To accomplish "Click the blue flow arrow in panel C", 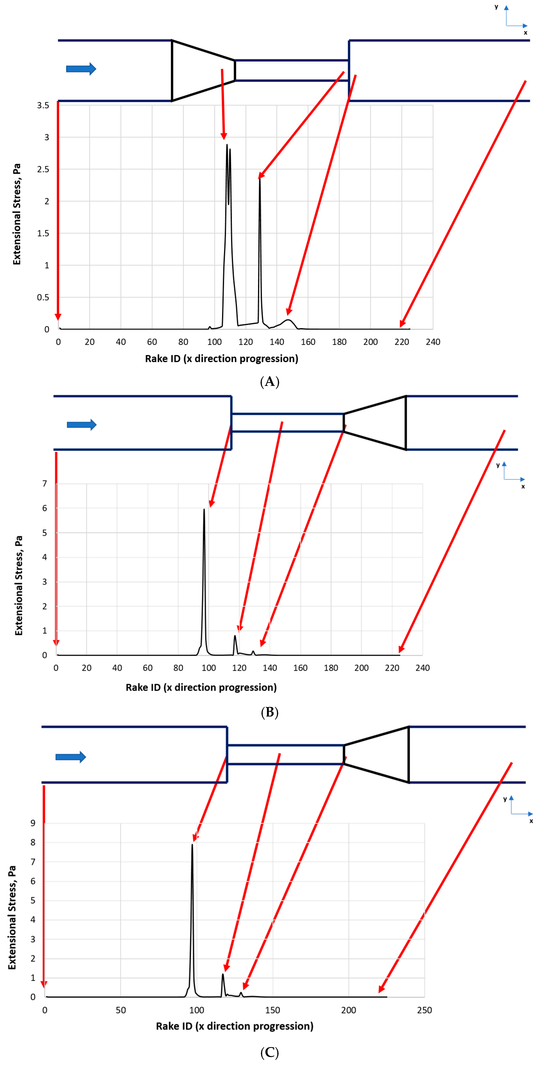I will [x=70, y=757].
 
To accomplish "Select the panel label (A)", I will [x=269, y=381].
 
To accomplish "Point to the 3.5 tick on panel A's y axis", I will [x=43, y=105].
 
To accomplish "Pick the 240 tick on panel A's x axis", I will [x=433, y=342].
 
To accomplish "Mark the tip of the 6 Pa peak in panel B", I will [x=204, y=509].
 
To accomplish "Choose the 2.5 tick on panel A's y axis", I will [x=43, y=169].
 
